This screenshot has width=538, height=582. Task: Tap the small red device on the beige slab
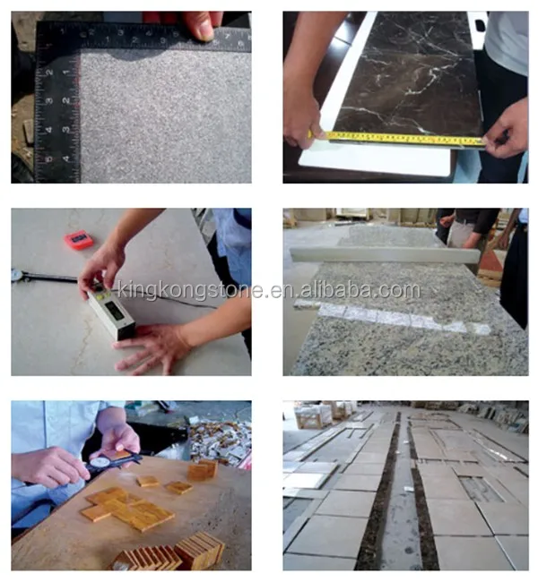79,239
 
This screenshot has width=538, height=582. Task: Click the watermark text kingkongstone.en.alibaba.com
269,290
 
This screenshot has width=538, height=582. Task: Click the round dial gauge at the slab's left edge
18,276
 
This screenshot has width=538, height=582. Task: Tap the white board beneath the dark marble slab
377,161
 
